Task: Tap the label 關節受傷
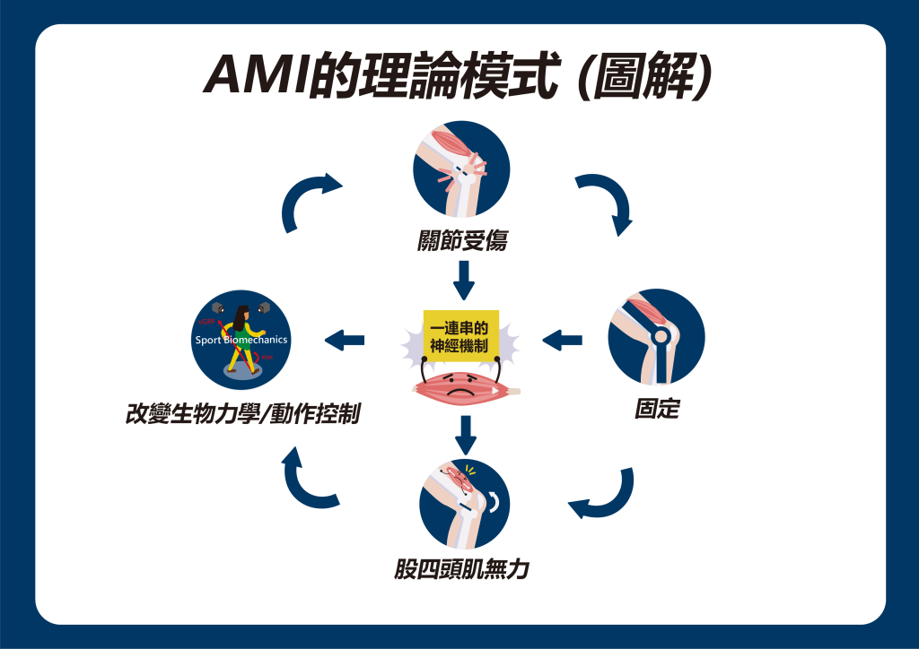coord(461,240)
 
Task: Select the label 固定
coord(656,410)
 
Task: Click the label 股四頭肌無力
coord(461,568)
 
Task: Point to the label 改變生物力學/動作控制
coord(243,414)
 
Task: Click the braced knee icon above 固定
coord(656,337)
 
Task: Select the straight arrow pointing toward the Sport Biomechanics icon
coord(345,340)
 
